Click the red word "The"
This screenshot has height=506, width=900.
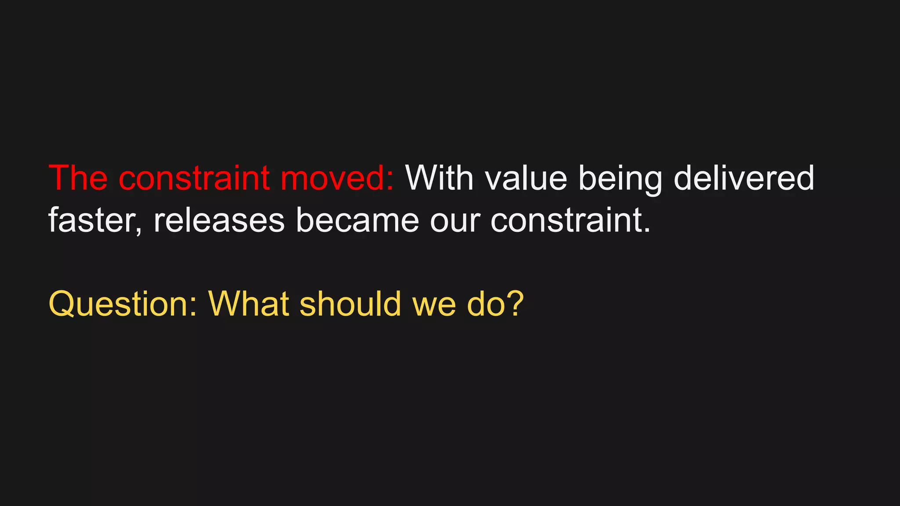click(78, 178)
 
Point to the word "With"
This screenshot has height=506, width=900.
click(439, 178)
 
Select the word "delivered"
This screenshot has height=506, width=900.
click(744, 178)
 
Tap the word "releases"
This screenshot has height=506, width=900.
click(219, 220)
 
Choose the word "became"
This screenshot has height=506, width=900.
click(357, 220)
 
